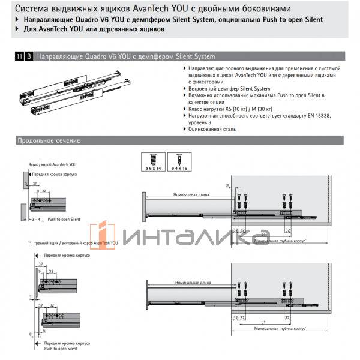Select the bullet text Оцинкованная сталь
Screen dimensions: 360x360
[211, 129]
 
